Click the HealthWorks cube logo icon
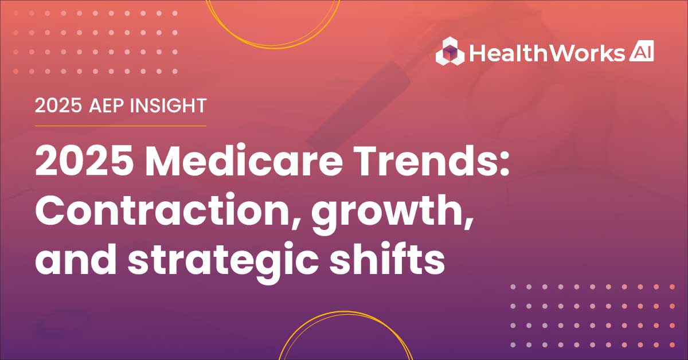coord(450,51)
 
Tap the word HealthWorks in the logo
coord(547,53)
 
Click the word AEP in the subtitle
coord(106,105)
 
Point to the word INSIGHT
coord(168,105)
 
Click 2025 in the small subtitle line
coord(58,105)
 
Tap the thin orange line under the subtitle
coord(120,126)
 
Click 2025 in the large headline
coord(84,161)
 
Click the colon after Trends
coord(504,165)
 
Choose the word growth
coord(386,213)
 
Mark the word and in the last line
coord(76,259)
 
